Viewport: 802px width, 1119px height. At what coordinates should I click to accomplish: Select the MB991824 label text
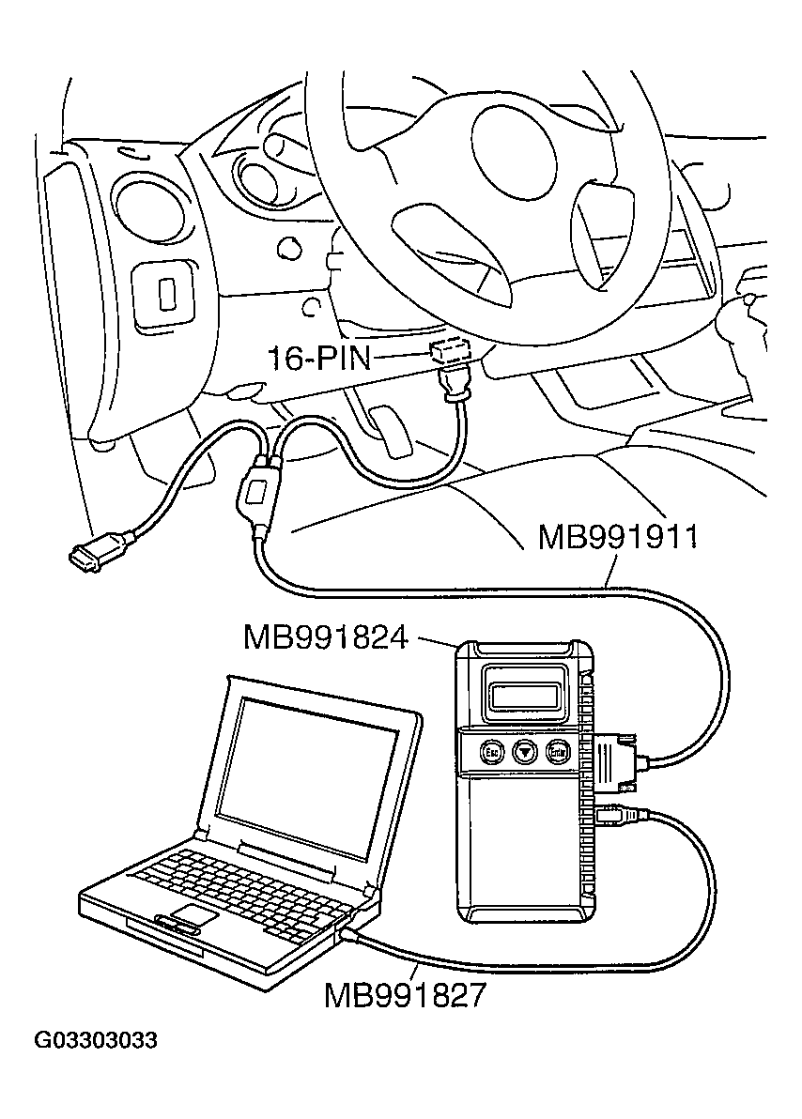tap(325, 638)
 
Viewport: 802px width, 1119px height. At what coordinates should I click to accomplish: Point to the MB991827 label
tap(405, 994)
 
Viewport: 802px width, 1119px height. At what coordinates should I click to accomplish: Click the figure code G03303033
tap(96, 1040)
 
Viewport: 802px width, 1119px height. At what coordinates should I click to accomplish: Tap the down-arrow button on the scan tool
tap(525, 751)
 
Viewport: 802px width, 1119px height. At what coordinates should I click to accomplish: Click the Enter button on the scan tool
tap(560, 751)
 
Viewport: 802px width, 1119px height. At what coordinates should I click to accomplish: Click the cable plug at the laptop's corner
tap(349, 935)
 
